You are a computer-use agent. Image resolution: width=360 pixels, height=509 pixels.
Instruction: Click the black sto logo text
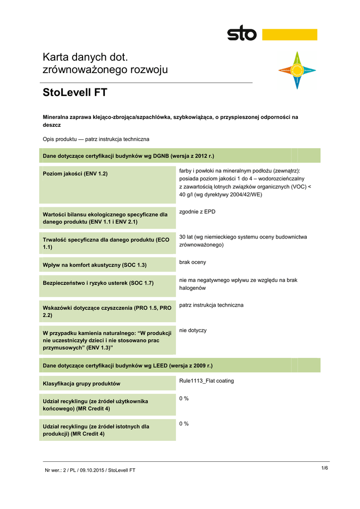242,34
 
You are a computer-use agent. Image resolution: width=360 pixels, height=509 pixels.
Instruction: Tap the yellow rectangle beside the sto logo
289,34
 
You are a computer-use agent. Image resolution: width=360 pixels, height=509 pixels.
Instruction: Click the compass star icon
297,71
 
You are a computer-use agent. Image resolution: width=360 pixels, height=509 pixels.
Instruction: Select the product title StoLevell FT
75,92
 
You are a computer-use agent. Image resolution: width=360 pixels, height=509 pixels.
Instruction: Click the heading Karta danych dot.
86,58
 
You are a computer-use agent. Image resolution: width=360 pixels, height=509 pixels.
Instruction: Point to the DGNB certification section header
128,156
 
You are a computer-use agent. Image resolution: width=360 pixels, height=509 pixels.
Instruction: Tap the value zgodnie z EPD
197,212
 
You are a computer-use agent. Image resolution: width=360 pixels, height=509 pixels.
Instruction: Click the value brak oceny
192,262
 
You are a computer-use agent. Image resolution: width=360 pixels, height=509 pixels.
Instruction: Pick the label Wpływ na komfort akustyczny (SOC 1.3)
95,265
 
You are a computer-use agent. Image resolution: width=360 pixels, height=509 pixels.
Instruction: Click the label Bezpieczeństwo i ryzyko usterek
98,283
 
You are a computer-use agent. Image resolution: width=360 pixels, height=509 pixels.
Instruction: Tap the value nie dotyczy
193,330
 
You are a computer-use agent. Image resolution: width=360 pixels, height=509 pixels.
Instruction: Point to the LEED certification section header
128,366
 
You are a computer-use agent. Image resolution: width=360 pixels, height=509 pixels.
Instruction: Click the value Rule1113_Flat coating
206,381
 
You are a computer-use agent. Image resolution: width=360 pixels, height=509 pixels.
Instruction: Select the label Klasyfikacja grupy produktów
82,384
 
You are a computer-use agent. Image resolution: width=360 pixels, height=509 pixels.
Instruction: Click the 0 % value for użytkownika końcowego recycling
184,399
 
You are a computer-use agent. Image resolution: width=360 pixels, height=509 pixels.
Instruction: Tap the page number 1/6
325,468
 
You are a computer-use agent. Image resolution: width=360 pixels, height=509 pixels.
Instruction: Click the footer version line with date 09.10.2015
90,470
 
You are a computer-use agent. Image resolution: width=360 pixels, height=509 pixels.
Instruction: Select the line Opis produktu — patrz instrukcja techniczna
96,139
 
